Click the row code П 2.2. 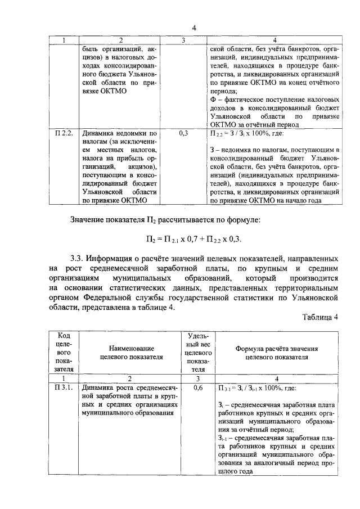(64, 134)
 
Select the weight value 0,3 (183, 134)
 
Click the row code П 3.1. (64, 388)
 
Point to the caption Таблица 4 (318, 317)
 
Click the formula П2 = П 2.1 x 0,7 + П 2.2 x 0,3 (193, 239)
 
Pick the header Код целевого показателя (64, 352)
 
